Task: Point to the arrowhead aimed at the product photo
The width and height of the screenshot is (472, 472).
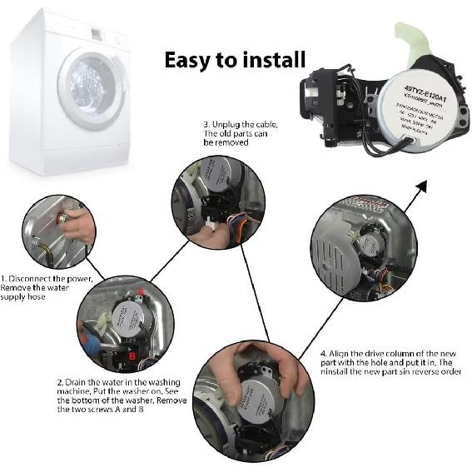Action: [421, 184]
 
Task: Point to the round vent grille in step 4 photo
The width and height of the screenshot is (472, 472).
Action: [334, 251]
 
